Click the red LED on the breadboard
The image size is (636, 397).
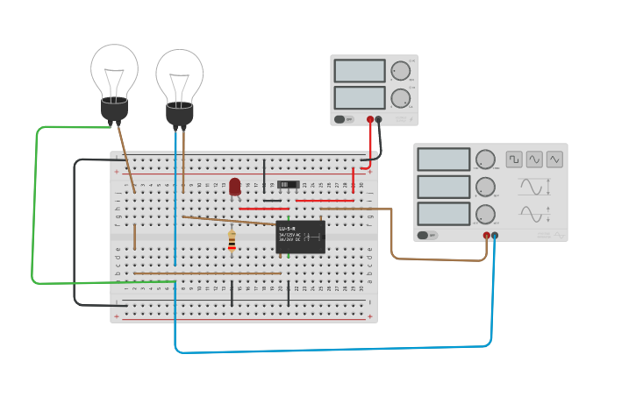tap(235, 187)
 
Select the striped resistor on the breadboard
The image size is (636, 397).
tap(232, 239)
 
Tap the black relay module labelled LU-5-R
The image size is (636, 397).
tap(300, 237)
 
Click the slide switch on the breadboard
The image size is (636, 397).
tap(287, 185)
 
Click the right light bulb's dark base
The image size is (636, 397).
tap(180, 114)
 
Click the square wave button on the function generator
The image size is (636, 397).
tap(514, 159)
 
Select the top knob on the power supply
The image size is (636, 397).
tap(400, 71)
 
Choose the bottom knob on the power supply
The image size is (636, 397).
tap(400, 98)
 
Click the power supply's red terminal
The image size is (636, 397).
tap(370, 119)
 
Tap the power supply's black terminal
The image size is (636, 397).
tap(379, 119)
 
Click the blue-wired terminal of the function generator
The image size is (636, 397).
tap(495, 235)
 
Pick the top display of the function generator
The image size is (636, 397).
tap(444, 160)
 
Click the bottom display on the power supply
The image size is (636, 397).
tap(360, 97)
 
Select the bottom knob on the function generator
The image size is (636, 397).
tap(485, 214)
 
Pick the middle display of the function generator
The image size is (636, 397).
tap(444, 187)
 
